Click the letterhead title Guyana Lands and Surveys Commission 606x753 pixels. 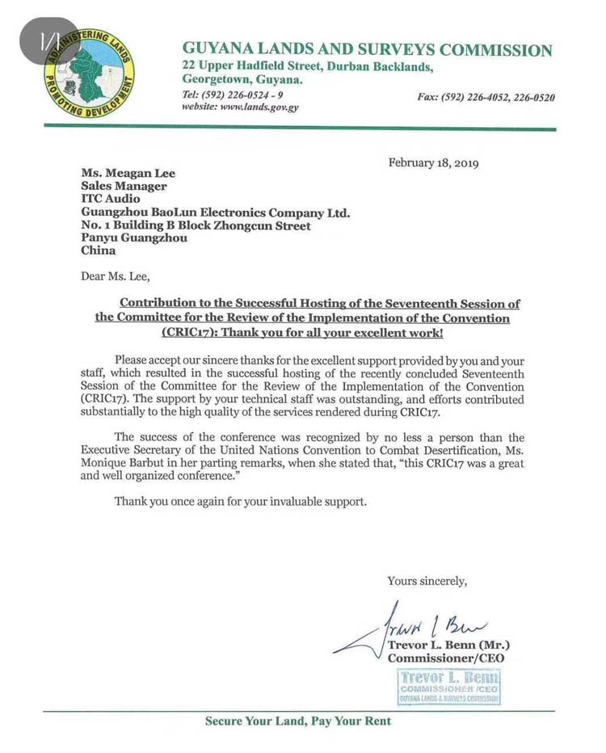pos(368,50)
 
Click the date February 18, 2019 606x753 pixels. pos(433,162)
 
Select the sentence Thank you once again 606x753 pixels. pos(240,501)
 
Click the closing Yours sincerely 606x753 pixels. pos(427,580)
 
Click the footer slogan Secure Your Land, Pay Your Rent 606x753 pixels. pos(297,721)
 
